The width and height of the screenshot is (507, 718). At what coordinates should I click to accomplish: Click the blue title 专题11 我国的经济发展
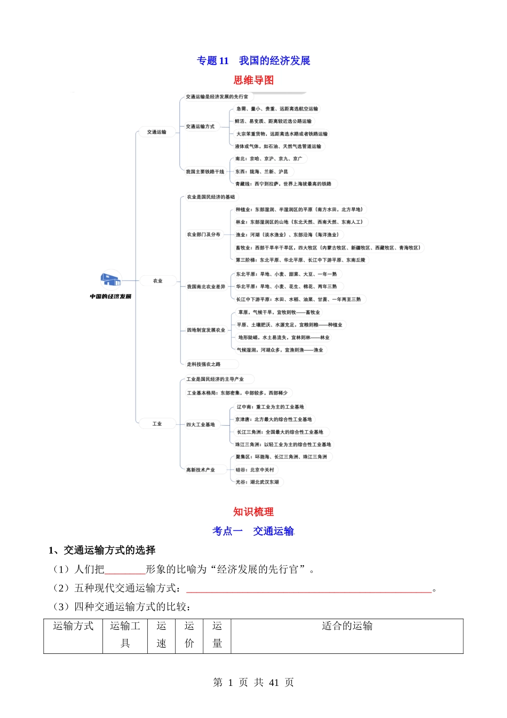click(253, 61)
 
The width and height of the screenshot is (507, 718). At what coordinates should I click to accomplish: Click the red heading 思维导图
click(253, 80)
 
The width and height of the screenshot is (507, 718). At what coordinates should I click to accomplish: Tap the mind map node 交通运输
click(157, 132)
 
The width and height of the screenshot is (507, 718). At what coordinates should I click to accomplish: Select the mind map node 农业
click(157, 280)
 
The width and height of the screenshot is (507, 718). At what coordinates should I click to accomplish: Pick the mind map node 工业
click(157, 424)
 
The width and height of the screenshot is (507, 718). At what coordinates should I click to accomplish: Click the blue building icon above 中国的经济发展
click(110, 279)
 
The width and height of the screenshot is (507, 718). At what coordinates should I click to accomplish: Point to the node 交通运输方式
click(200, 127)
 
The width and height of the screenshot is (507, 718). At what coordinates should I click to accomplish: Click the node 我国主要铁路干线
click(205, 171)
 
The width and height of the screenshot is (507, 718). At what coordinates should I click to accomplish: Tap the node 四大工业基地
click(201, 425)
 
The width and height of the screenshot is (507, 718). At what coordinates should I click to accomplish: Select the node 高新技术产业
click(201, 470)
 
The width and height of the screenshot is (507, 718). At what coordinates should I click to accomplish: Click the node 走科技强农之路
click(203, 364)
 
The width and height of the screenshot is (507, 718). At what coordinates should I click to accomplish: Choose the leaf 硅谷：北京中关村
click(255, 470)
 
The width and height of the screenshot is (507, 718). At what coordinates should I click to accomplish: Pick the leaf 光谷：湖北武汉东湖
click(257, 482)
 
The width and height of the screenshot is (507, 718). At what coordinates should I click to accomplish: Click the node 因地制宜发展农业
click(206, 330)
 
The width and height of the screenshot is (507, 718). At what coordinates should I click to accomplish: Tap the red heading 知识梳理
click(253, 512)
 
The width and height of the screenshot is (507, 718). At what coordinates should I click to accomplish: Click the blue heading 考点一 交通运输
click(253, 531)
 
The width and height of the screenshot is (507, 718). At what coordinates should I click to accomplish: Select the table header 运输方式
click(73, 626)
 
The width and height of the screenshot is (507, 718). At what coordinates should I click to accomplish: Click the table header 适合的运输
click(347, 626)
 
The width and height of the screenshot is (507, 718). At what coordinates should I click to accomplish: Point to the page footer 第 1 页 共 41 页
click(253, 682)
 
